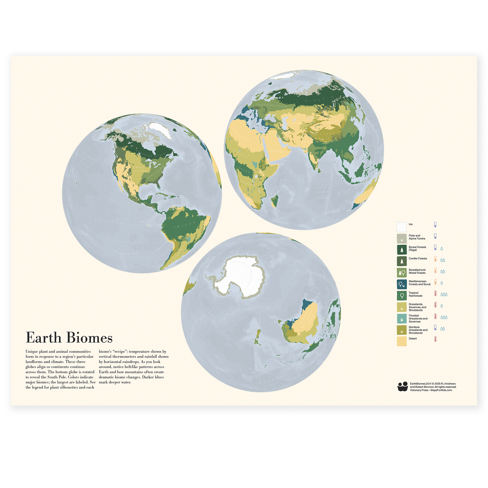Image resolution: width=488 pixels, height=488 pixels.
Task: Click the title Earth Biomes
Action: click(69, 338)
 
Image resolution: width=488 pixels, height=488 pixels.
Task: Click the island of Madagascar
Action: click(276, 201)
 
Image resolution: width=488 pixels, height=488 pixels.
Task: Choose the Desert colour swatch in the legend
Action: click(402, 341)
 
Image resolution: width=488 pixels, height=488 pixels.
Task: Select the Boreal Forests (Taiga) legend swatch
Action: click(402, 250)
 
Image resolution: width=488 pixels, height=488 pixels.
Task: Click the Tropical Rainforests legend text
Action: click(415, 294)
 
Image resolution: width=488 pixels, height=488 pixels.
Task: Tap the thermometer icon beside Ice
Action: click(435, 225)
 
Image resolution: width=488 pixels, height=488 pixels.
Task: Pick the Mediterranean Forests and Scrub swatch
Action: click(402, 284)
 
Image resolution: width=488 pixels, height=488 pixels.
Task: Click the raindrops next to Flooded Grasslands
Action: click(444, 317)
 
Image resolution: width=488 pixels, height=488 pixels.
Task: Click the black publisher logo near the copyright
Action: click(403, 386)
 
